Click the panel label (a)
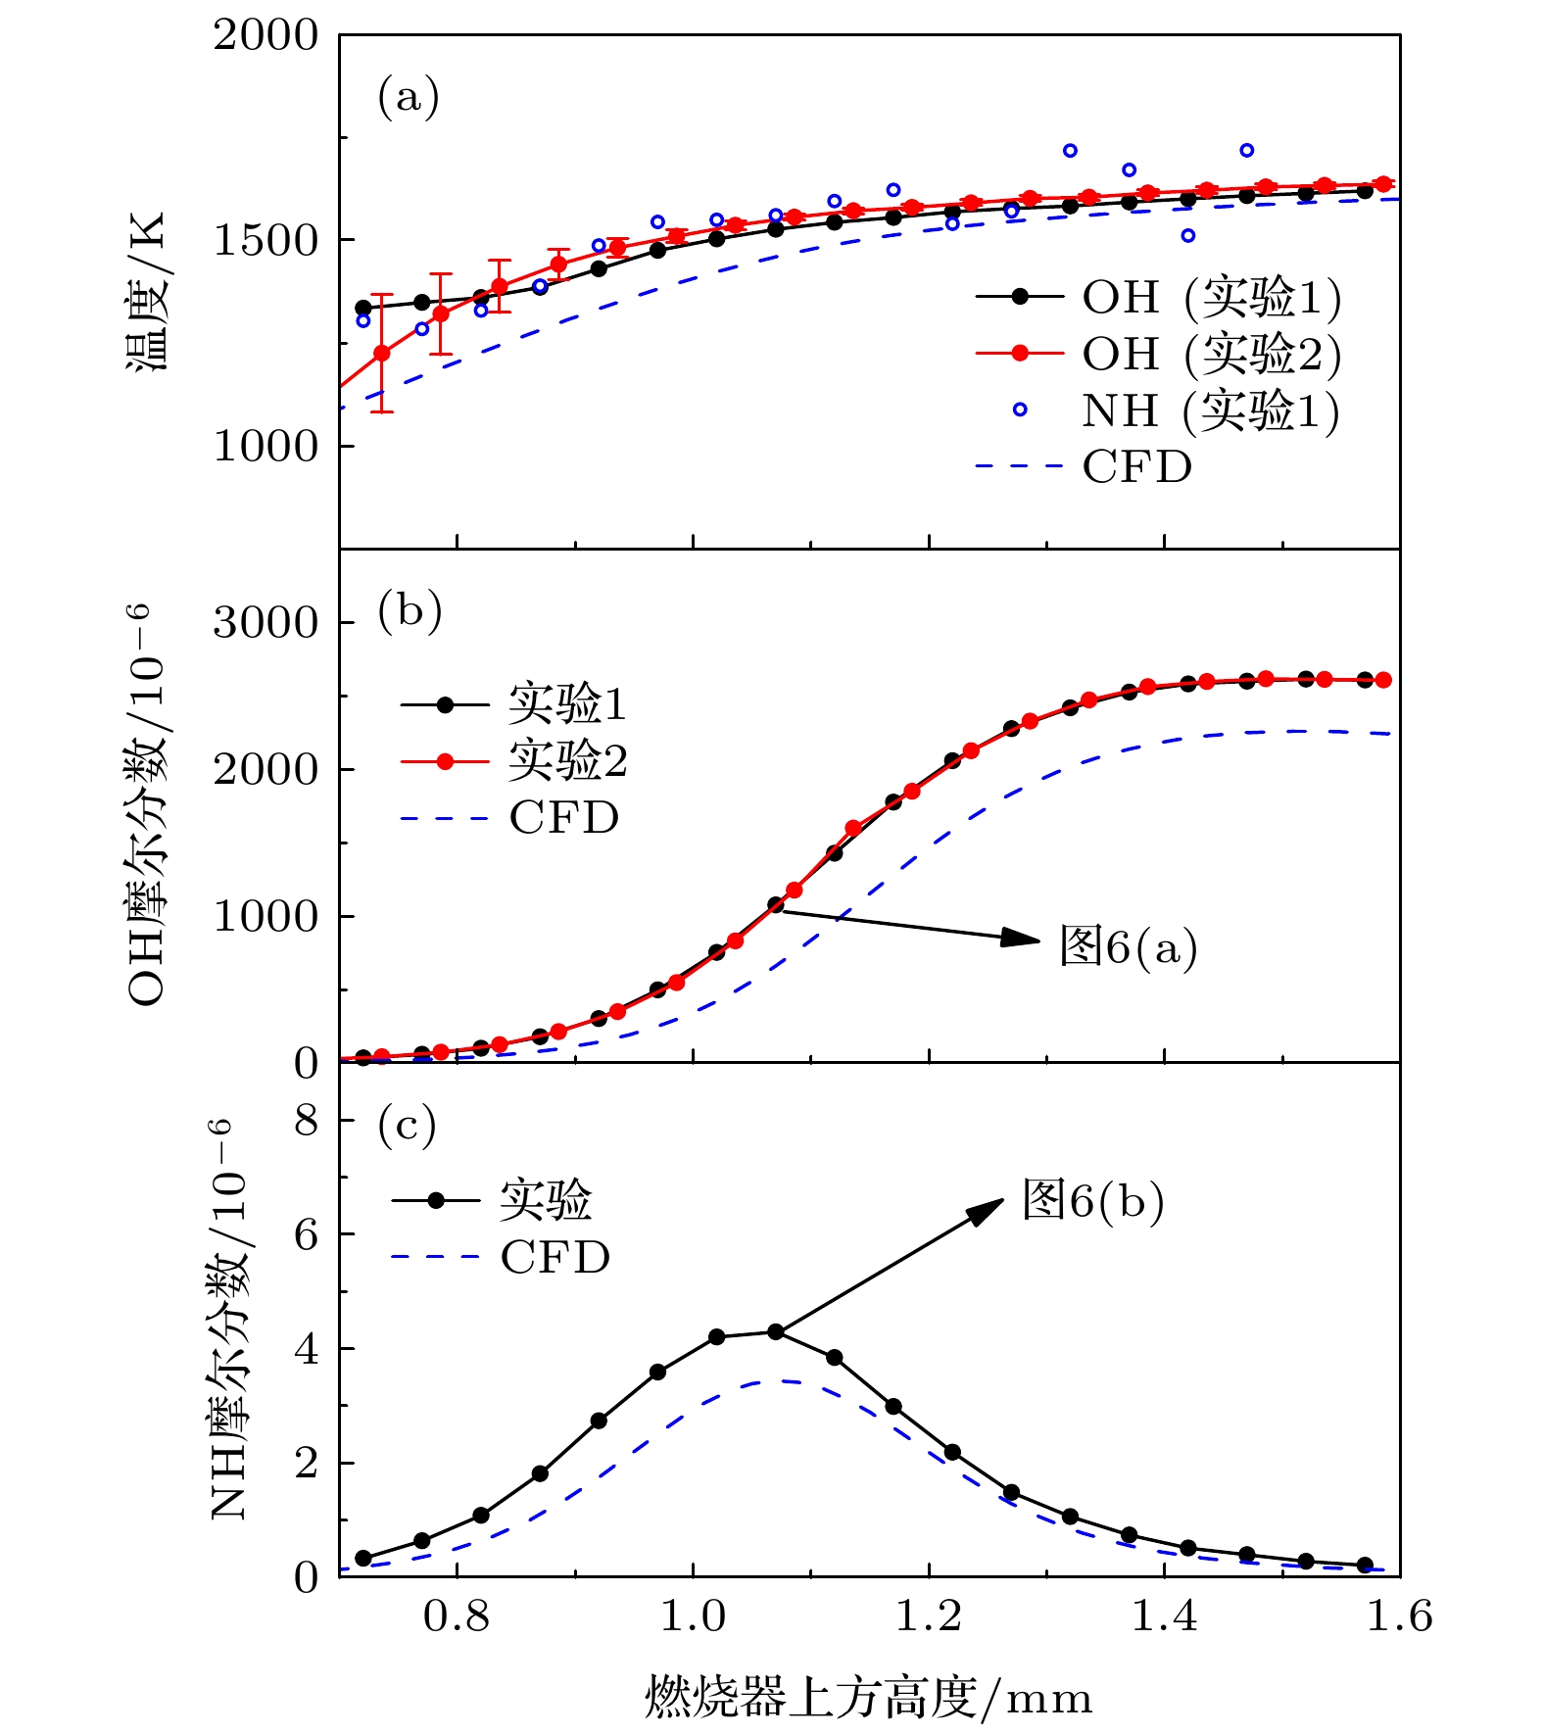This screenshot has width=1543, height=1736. pyautogui.click(x=408, y=99)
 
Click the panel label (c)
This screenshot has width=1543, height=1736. pyautogui.click(x=407, y=1126)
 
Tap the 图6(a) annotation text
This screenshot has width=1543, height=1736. pyautogui.click(x=1128, y=946)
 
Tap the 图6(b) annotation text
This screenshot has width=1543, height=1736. pyautogui.click(x=1092, y=1200)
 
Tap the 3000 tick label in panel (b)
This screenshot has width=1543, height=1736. pyautogui.click(x=265, y=623)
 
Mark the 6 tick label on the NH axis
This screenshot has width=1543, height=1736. pyautogui.click(x=306, y=1234)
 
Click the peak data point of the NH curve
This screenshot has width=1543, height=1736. pyautogui.click(x=775, y=1331)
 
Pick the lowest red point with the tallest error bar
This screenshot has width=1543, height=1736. pyautogui.click(x=382, y=353)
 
